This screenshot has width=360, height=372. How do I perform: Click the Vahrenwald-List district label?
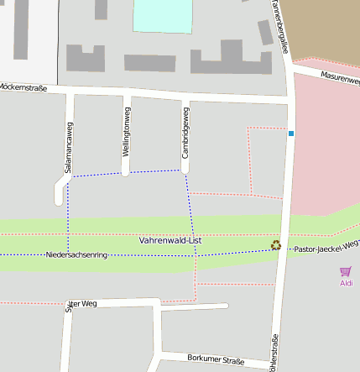click(170, 240)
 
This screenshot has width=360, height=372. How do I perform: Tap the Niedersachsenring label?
click(76, 254)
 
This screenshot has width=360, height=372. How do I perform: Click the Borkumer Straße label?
click(216, 360)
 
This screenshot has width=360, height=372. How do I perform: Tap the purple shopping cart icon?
click(345, 271)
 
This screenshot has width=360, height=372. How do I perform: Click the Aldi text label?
click(346, 283)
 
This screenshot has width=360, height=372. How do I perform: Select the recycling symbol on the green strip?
click(275, 245)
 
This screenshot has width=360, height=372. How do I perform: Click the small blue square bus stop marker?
click(291, 134)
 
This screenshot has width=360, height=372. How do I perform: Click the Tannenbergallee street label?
click(279, 25)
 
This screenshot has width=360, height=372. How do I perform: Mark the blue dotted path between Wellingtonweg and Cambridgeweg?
click(154, 173)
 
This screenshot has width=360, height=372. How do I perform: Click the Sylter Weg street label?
click(81, 303)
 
